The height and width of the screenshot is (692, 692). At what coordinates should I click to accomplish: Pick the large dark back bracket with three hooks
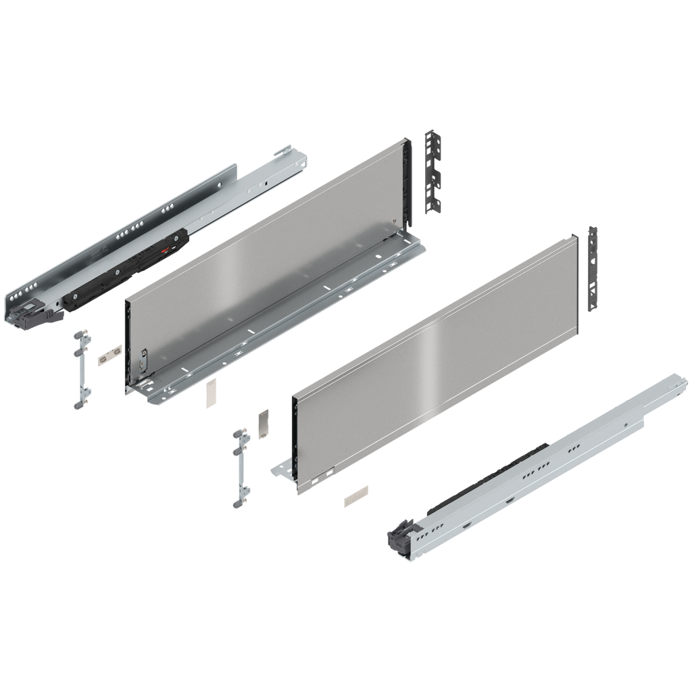(x=432, y=172)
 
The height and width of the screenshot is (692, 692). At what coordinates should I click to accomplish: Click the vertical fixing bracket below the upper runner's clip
(x=80, y=368)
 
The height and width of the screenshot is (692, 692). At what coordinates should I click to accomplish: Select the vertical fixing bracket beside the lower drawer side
(x=239, y=466)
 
